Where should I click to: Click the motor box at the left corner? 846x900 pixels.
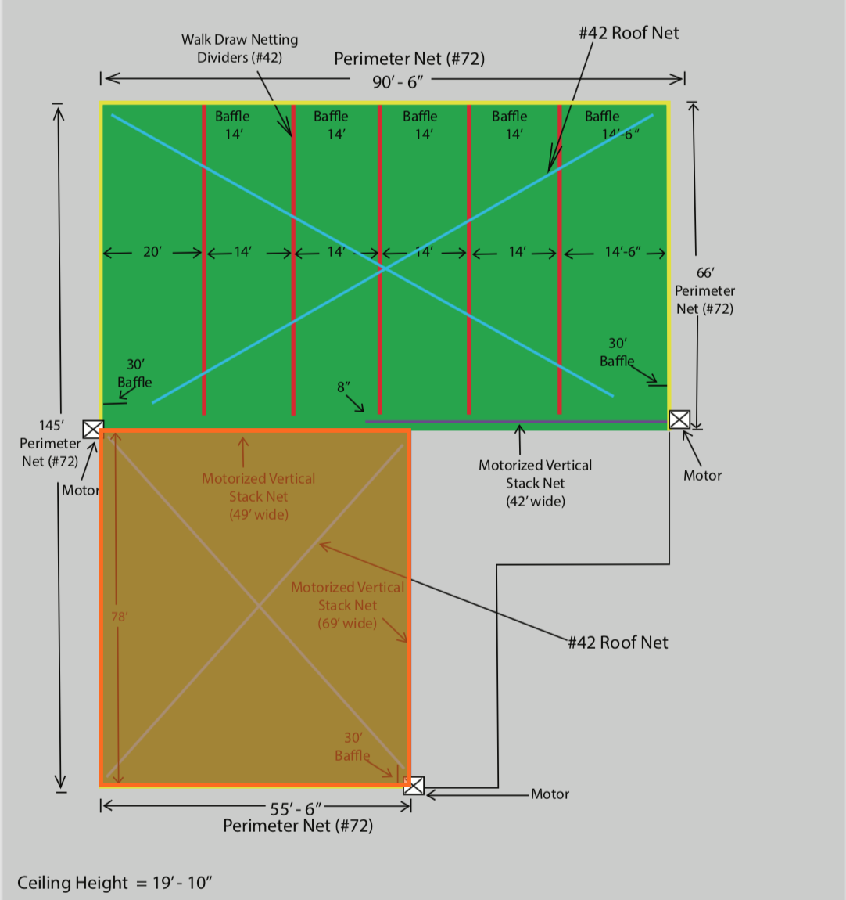93,429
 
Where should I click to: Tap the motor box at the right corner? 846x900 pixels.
679,419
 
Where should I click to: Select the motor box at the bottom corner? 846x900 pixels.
414,786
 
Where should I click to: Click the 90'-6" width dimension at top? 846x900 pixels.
397,81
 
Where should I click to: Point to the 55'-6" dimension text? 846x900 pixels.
296,809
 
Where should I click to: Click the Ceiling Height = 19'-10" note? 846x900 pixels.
115,883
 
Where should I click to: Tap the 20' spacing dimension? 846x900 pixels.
152,252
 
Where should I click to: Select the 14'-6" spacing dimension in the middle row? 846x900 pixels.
622,252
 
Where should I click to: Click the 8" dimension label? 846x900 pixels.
343,387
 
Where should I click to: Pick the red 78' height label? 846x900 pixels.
119,617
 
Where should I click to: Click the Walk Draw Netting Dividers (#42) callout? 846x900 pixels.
239,49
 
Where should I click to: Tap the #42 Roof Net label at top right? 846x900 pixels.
629,33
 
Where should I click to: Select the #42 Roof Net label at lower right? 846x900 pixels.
618,643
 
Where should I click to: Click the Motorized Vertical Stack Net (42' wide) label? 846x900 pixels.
535,483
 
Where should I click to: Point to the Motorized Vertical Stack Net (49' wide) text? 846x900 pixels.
258,496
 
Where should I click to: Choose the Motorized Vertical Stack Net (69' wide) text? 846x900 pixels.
347,605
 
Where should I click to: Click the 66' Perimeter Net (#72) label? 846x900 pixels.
704,290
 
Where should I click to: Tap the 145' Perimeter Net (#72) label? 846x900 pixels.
50,443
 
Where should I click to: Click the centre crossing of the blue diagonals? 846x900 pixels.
385,268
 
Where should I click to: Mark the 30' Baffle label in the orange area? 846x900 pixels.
353,747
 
